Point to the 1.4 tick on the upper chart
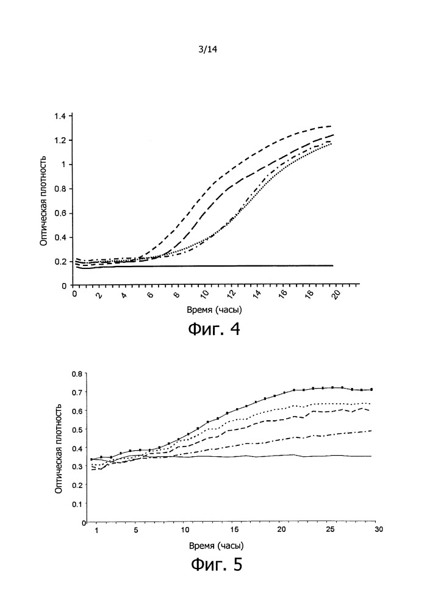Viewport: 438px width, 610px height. [x=59, y=116]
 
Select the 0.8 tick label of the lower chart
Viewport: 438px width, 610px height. [x=76, y=374]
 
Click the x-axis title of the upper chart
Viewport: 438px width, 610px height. [x=207, y=310]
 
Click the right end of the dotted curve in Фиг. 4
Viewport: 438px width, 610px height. [x=332, y=145]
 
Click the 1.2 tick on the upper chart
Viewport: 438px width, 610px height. [x=59, y=140]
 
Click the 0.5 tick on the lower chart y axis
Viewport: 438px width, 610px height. [x=76, y=429]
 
